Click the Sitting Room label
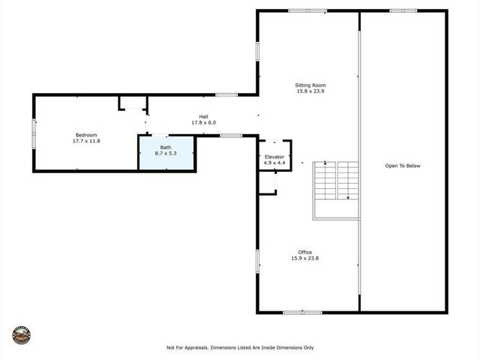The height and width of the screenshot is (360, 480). [310, 85]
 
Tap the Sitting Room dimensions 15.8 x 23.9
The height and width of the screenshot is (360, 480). [310, 91]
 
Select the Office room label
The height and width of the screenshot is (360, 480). [304, 252]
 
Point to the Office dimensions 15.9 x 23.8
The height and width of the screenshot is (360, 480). [304, 258]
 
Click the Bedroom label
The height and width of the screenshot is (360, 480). [86, 135]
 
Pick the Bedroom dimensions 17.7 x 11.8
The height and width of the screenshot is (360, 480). [86, 141]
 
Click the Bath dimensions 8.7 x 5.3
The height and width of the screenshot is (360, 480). [166, 152]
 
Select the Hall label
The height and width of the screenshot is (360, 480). [203, 116]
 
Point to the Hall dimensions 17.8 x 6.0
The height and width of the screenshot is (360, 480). [203, 122]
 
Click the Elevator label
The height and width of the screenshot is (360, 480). [274, 157]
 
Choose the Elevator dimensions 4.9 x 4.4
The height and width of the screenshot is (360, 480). [274, 163]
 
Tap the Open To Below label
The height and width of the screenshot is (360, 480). [403, 166]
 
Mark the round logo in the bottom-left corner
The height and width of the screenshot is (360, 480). [21, 334]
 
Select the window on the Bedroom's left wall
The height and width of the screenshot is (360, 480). [33, 133]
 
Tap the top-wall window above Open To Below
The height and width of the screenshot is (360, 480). [403, 10]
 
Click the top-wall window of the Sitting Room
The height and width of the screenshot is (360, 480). [307, 10]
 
